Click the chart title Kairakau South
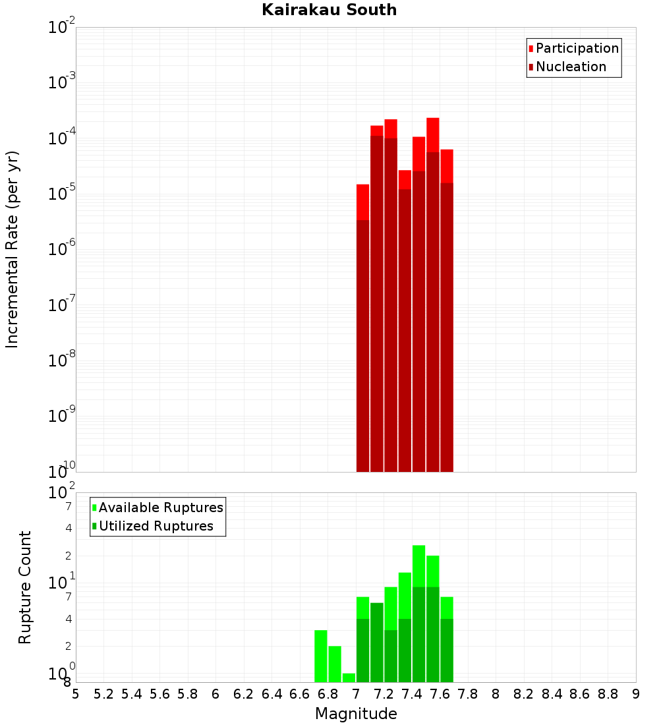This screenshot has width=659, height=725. click(x=329, y=10)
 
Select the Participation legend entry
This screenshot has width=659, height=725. click(x=577, y=48)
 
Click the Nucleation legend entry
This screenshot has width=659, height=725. click(x=571, y=67)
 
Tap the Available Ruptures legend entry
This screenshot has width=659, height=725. click(x=161, y=507)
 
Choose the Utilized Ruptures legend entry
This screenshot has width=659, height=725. click(x=156, y=526)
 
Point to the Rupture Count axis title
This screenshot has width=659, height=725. click(x=25, y=587)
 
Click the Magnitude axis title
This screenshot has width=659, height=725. click(x=356, y=714)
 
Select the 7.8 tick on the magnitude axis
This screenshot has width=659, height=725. click(x=468, y=694)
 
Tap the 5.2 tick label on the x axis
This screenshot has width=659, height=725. click(x=103, y=694)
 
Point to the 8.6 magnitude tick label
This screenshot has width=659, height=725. click(x=580, y=694)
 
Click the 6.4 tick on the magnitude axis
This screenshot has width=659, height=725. click(x=272, y=694)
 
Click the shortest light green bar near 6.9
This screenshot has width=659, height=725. click(x=349, y=678)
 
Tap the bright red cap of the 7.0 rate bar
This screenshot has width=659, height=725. click(x=362, y=202)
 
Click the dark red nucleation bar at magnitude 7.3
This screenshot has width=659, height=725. click(x=405, y=330)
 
